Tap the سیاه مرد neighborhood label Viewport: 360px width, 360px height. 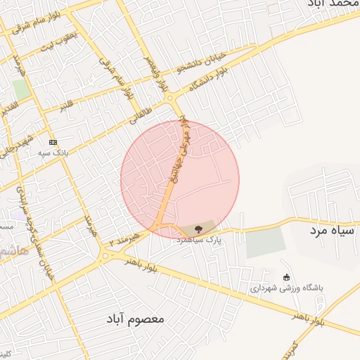tap(333, 230)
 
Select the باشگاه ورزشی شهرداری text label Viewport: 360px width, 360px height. tap(285, 288)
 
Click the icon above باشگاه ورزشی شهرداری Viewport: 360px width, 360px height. tap(285, 276)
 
